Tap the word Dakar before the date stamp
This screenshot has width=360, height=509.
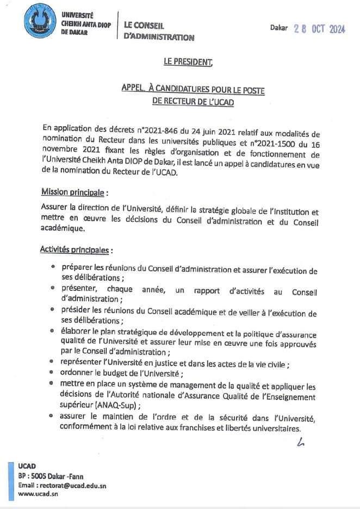(279, 28)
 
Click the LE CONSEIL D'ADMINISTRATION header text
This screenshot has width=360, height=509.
(158, 32)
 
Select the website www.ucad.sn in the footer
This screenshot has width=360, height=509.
(38, 494)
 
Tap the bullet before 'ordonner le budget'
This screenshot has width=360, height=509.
(52, 373)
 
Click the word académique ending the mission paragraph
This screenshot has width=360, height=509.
(63, 228)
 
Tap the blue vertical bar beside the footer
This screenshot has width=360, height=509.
(10, 482)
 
